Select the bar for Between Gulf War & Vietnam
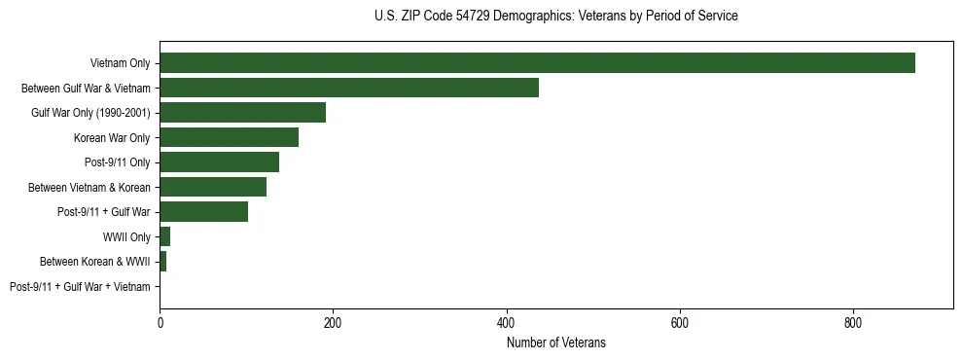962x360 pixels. pyautogui.click(x=349, y=88)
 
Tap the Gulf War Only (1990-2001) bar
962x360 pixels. pyautogui.click(x=242, y=113)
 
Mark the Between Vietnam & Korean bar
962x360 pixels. pyautogui.click(x=213, y=187)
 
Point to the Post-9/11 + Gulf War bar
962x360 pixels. pyautogui.click(x=203, y=212)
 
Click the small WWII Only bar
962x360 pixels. pyautogui.click(x=165, y=236)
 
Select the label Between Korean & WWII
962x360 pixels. pyautogui.click(x=95, y=262)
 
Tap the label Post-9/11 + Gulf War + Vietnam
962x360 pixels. pyautogui.click(x=80, y=287)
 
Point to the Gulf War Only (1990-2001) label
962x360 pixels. pyautogui.click(x=90, y=113)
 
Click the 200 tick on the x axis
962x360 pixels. pyautogui.click(x=333, y=322)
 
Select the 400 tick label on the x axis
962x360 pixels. pyautogui.click(x=506, y=322)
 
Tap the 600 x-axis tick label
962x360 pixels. pyautogui.click(x=679, y=322)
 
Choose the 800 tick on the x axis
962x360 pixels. pyautogui.click(x=852, y=322)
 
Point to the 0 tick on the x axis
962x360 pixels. pyautogui.click(x=160, y=322)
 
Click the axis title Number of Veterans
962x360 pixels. pyautogui.click(x=555, y=342)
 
